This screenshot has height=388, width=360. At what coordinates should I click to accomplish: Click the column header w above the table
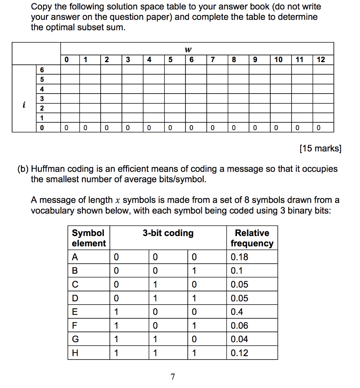(187, 49)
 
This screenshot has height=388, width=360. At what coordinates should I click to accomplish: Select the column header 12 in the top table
(321, 59)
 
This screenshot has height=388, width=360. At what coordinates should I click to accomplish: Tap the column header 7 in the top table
(213, 59)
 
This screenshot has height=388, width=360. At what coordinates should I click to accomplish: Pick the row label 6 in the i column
(42, 70)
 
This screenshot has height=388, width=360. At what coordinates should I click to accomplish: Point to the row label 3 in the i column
(42, 99)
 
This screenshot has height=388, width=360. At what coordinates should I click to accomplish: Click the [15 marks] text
(320, 148)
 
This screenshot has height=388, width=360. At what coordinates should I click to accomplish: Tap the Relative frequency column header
(252, 238)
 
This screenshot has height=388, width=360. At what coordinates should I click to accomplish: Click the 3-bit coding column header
(168, 233)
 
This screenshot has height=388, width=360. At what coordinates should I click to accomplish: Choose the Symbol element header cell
(89, 238)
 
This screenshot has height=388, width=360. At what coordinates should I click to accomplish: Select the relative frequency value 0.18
(239, 257)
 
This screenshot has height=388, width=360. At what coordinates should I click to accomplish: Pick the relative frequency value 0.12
(239, 353)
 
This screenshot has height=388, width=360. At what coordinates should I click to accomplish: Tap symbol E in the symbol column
(75, 312)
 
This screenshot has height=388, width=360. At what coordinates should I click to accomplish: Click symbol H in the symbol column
(75, 353)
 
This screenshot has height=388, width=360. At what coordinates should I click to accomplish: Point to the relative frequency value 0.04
(239, 339)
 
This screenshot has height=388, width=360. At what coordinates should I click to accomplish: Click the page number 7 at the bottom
(173, 377)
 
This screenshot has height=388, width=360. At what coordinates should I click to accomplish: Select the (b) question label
(23, 169)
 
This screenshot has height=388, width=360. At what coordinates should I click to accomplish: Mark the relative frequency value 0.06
(239, 325)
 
